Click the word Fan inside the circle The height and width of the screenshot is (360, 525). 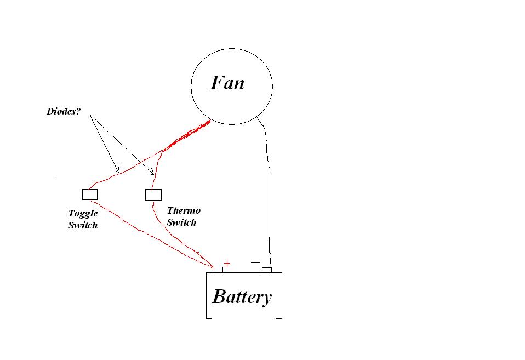click(x=227, y=83)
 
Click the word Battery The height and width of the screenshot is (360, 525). click(x=242, y=296)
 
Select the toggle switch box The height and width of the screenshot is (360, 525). click(x=90, y=194)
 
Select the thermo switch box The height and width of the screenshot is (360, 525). click(x=153, y=194)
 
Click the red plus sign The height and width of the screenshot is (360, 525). click(x=227, y=264)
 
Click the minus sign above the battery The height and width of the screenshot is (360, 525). click(x=255, y=263)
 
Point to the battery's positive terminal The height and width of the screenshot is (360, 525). click(x=218, y=269)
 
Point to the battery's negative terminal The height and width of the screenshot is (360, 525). click(x=267, y=270)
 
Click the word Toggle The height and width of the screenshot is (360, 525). click(x=83, y=214)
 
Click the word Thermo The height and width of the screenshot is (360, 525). click(x=184, y=210)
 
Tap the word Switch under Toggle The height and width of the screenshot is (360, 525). click(x=83, y=225)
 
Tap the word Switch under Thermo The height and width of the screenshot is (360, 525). click(x=181, y=222)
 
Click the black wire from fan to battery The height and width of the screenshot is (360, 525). click(x=269, y=192)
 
